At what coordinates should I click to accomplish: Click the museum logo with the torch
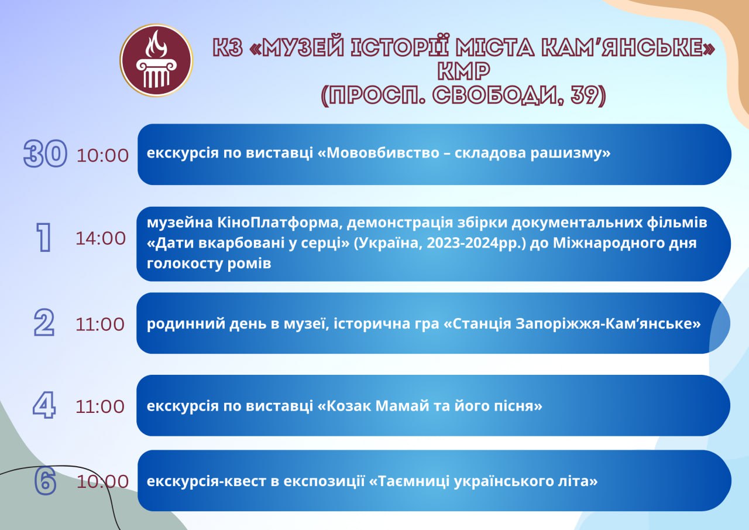click(x=156, y=60)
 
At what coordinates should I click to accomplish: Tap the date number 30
click(x=45, y=153)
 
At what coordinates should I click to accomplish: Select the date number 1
click(x=44, y=237)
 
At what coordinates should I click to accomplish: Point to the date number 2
click(x=44, y=323)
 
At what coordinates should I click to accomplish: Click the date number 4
click(x=44, y=405)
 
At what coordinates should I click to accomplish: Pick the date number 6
click(x=45, y=481)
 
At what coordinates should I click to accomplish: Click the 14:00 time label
click(x=101, y=238)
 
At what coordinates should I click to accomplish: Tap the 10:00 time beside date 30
click(x=102, y=156)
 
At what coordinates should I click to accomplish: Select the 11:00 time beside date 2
click(x=100, y=324)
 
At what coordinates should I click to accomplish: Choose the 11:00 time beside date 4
click(x=100, y=407)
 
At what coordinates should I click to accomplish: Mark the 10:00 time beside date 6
click(x=102, y=482)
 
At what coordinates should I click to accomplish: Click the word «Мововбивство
click(x=378, y=153)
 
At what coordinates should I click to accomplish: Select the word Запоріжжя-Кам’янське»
click(x=607, y=324)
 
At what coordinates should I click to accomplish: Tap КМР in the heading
click(x=464, y=71)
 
